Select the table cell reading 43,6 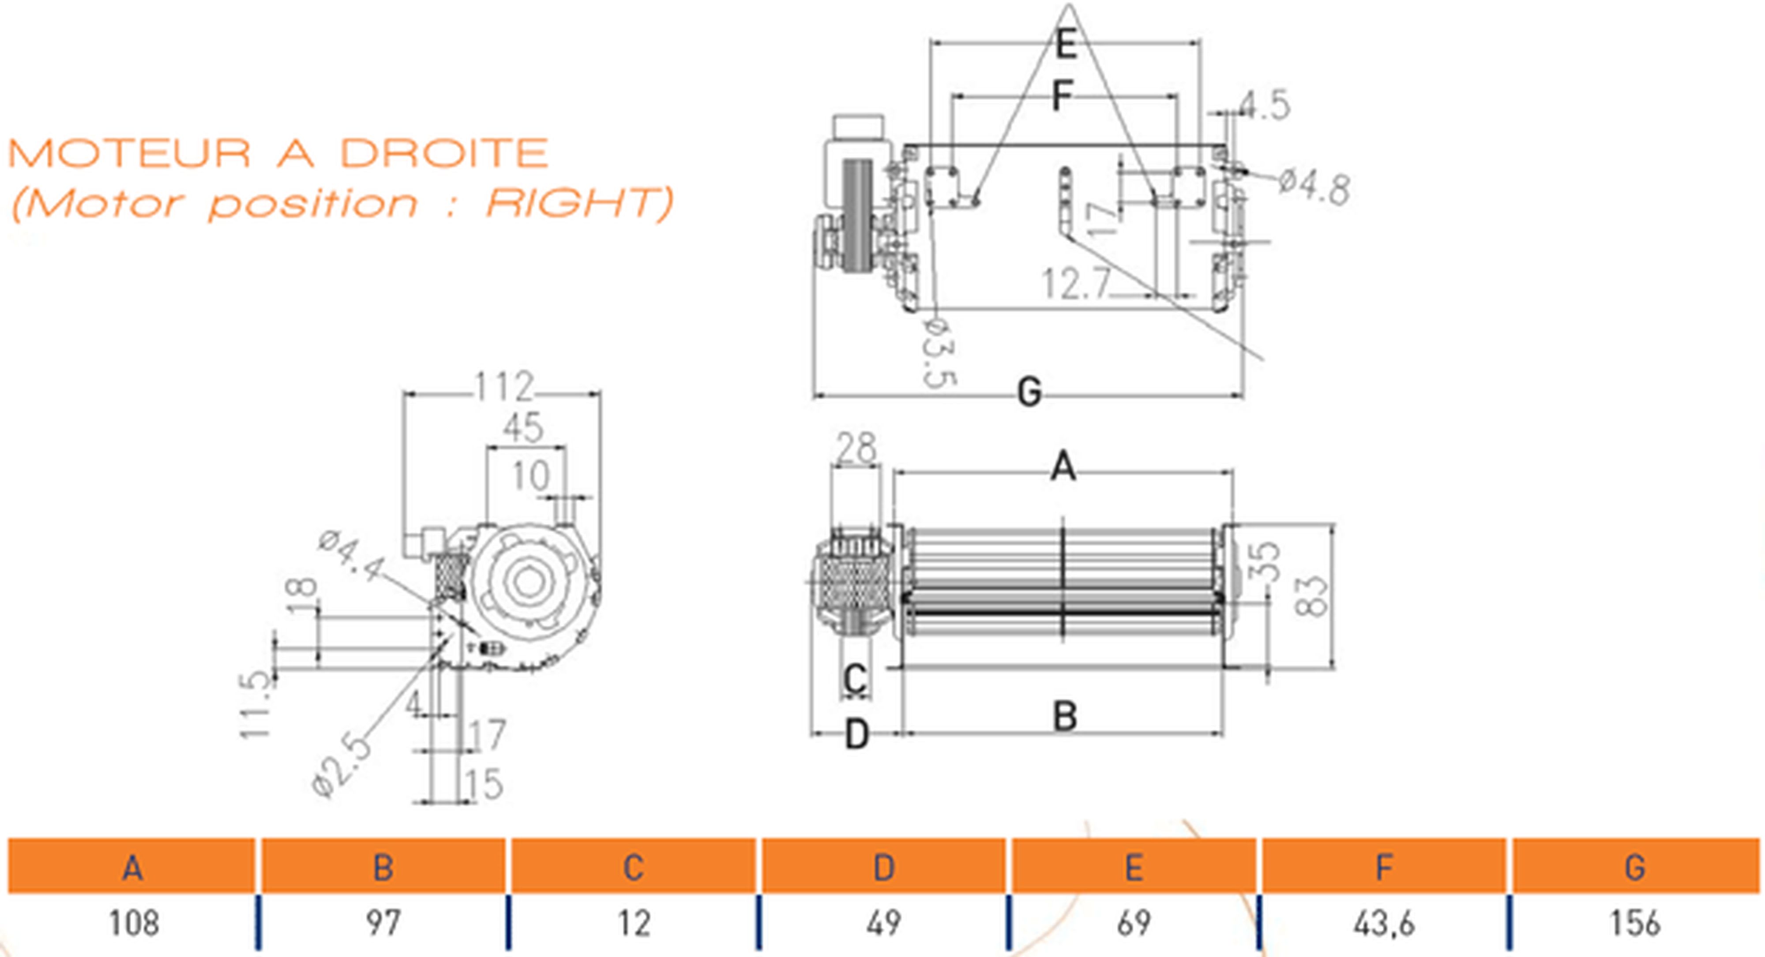coord(1384,923)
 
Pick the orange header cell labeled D coord(884,867)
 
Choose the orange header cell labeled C coord(633,867)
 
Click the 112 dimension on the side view coord(503,387)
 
